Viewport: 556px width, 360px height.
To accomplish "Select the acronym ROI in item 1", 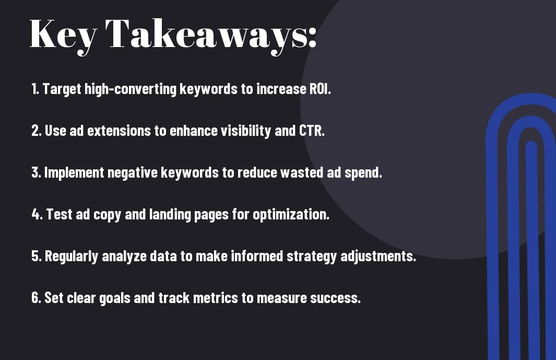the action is coord(320,89).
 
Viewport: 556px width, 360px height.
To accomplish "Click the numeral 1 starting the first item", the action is coord(34,89).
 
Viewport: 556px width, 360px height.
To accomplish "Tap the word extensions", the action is coord(119,131).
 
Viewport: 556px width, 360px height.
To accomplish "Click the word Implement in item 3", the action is coord(74,173).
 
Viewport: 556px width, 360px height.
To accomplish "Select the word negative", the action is coord(132,173).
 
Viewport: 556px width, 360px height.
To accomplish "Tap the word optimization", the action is coord(291,214).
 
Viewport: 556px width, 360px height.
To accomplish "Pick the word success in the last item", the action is coord(336,298).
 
